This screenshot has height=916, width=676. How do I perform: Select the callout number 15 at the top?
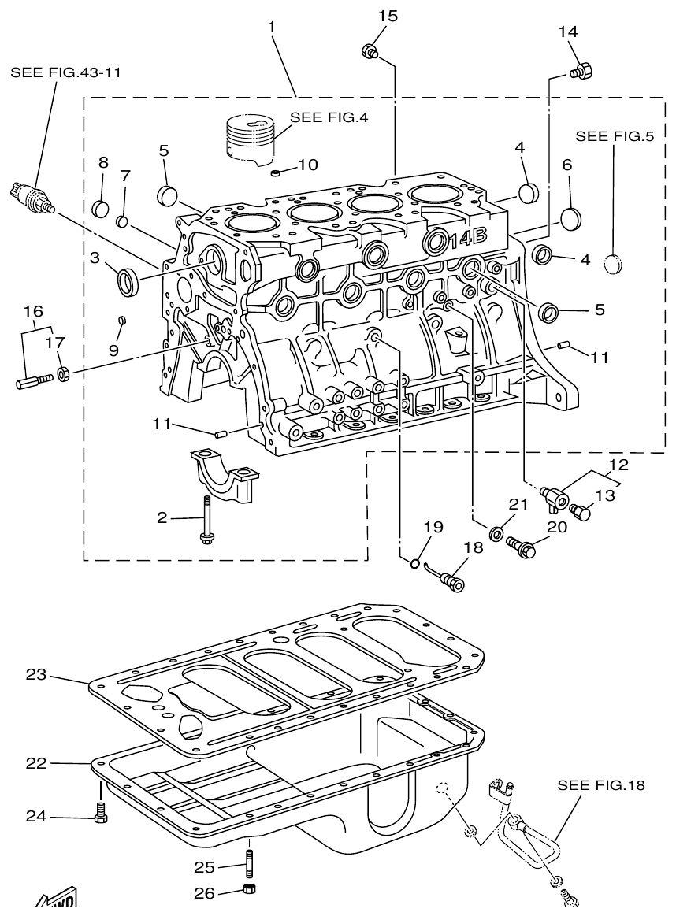point(388,15)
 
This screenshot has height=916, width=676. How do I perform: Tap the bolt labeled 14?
point(581,71)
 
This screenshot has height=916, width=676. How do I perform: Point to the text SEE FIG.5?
point(615,135)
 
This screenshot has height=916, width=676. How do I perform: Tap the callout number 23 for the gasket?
point(35,674)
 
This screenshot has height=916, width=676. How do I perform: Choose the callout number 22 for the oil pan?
point(35,762)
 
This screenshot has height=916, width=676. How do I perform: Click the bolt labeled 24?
point(100,814)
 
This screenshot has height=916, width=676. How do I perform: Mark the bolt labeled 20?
point(521,545)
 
